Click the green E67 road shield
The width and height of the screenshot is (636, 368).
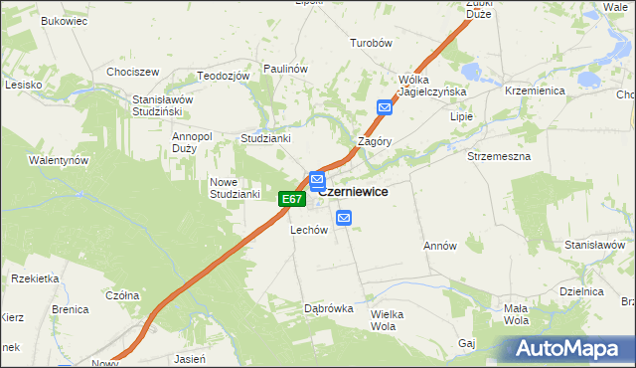click(290, 200)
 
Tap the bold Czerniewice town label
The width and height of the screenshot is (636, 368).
click(353, 192)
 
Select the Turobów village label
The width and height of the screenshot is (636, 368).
click(373, 44)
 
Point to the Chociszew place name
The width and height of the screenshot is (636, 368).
click(133, 72)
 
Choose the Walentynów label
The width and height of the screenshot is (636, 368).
click(59, 160)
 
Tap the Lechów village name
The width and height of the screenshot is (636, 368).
click(308, 230)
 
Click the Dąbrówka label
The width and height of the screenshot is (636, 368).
click(328, 308)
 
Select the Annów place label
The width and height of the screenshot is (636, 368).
click(439, 246)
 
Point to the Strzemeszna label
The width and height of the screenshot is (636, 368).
click(499, 156)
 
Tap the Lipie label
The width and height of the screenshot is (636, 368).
click(462, 116)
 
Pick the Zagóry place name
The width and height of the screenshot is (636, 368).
click(375, 141)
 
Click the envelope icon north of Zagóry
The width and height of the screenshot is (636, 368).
click(385, 107)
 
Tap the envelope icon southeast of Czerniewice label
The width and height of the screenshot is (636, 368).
click(344, 218)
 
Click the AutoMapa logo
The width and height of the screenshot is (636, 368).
click(571, 349)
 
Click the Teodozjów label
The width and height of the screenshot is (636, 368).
click(222, 77)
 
